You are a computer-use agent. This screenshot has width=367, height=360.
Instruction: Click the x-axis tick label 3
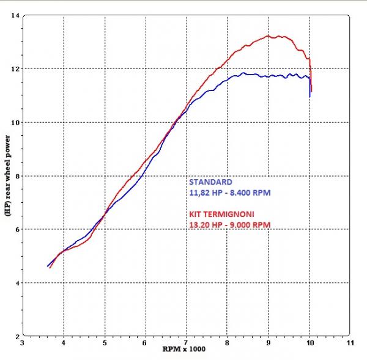23,343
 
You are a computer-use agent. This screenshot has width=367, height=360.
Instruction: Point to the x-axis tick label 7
187,343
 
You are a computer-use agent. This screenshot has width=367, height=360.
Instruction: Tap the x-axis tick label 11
350,343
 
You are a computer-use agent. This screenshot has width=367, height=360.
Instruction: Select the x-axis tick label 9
269,343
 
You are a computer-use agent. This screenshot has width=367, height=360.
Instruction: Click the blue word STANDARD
210,182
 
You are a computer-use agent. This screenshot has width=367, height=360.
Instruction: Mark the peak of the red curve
269,36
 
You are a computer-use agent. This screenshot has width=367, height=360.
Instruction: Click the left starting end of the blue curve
48,266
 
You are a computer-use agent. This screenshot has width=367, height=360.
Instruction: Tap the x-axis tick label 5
105,343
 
